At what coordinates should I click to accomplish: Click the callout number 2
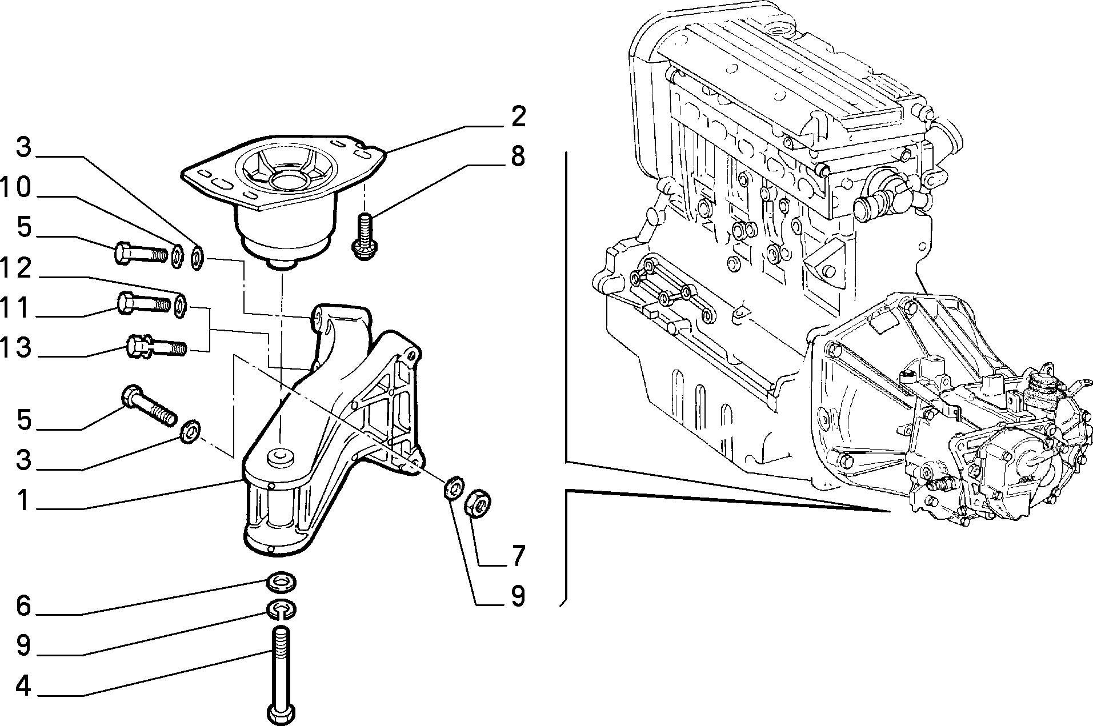(x=518, y=117)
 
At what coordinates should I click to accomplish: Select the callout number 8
(x=518, y=156)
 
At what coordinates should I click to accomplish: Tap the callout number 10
(x=15, y=187)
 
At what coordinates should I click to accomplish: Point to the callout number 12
(x=15, y=268)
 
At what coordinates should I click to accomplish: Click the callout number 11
(x=15, y=308)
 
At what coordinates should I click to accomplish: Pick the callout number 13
(x=15, y=347)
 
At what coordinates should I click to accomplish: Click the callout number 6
(x=23, y=606)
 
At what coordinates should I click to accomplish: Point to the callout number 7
(x=518, y=556)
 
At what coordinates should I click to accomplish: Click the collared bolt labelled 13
(x=156, y=346)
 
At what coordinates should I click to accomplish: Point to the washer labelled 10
(x=178, y=255)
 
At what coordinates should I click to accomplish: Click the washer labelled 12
(x=181, y=306)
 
